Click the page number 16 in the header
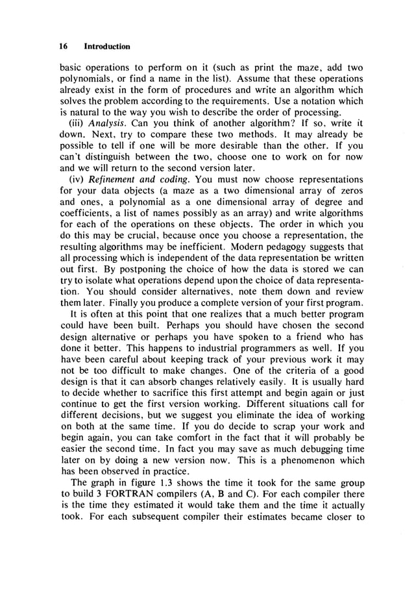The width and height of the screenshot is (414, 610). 63,47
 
